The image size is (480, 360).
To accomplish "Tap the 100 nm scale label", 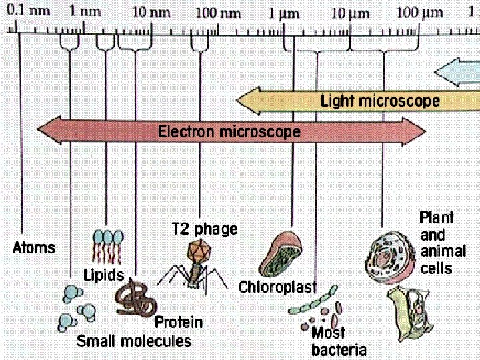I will click(x=219, y=12).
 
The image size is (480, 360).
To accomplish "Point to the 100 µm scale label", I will click(x=421, y=12).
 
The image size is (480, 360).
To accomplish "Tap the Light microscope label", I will click(x=380, y=101).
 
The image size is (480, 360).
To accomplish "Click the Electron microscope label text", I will click(x=229, y=131).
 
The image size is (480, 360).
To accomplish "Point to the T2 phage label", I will click(x=205, y=229).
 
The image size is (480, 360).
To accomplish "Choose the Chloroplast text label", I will click(x=277, y=287).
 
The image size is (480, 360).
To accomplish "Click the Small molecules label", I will click(x=134, y=341).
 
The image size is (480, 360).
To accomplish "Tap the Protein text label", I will click(x=179, y=323).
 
